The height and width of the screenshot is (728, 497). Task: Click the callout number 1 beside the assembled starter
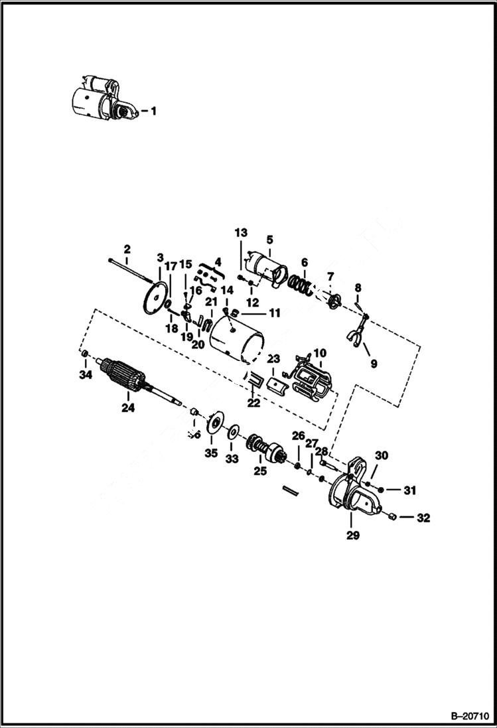click(153, 111)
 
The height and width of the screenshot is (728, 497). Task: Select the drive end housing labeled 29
click(352, 492)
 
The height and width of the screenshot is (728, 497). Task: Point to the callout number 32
click(423, 518)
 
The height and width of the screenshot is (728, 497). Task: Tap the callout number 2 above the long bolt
click(127, 249)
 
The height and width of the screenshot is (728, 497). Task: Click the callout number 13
click(240, 232)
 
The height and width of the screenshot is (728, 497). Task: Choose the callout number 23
click(273, 358)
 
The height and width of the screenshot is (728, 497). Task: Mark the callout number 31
click(409, 491)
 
